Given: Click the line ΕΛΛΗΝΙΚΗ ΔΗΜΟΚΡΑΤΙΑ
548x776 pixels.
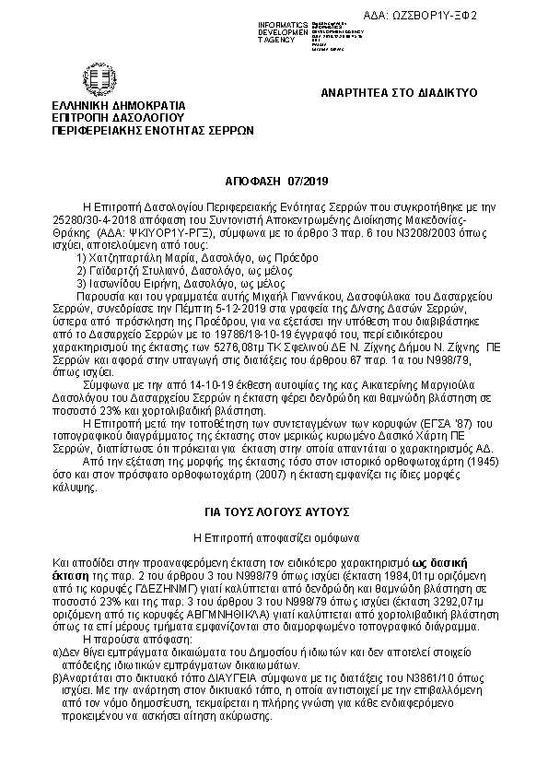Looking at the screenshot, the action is (119, 106).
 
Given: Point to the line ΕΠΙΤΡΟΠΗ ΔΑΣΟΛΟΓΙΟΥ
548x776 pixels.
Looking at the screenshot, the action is (119, 118).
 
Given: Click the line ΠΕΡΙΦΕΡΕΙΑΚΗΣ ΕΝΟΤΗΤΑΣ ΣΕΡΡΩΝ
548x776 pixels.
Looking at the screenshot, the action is (153, 131).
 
